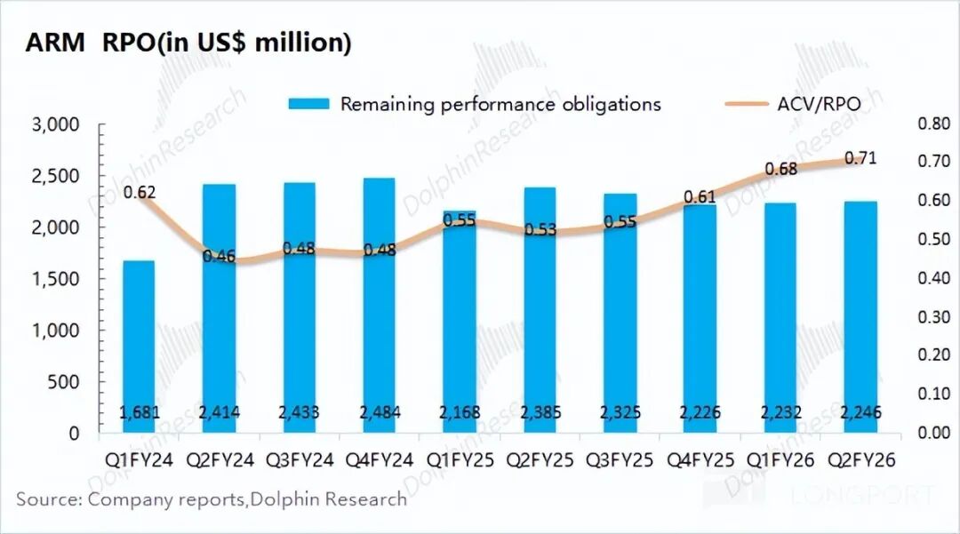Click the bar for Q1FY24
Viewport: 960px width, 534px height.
click(139, 347)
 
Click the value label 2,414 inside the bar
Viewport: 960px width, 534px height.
click(220, 412)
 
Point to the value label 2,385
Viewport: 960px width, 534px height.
click(540, 412)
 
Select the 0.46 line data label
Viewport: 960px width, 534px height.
click(219, 257)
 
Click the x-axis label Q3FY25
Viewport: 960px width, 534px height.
click(620, 461)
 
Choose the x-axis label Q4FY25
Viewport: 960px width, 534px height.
click(700, 461)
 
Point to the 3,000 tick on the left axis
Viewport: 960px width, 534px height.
click(55, 124)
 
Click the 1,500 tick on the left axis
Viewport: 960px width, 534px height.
click(55, 279)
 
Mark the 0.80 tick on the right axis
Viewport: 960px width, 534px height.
click(933, 124)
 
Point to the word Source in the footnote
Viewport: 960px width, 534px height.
click(46, 498)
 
